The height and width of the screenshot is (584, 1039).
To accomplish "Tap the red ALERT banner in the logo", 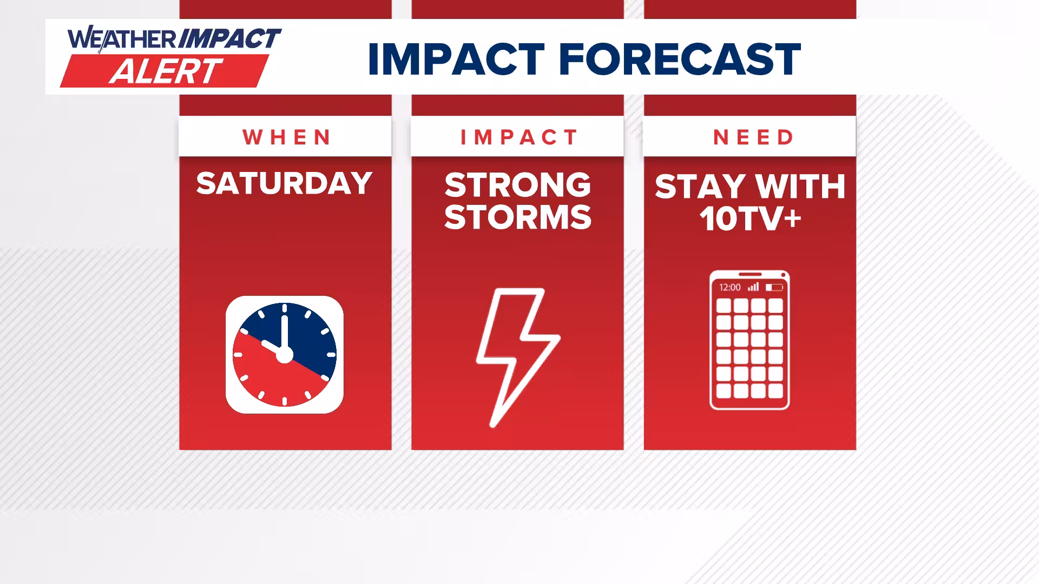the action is [x=165, y=71].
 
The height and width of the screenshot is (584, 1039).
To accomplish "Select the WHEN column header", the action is [x=286, y=137].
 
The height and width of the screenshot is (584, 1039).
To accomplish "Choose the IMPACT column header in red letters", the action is [x=519, y=137].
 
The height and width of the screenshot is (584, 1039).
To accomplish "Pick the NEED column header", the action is [x=753, y=137].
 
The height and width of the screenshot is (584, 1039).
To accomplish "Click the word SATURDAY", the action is [x=284, y=183].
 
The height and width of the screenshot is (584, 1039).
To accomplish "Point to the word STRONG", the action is [x=518, y=185].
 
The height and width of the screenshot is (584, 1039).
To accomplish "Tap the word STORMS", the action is [x=518, y=217].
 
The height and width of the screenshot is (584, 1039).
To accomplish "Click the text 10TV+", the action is [x=750, y=219].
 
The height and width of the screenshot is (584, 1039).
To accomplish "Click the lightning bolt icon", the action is [x=517, y=357].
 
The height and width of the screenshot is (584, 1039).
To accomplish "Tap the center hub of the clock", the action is [x=285, y=355].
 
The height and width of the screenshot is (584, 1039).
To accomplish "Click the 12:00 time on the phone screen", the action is [x=729, y=287].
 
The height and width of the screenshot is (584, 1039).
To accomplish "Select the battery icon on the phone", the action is [x=774, y=287].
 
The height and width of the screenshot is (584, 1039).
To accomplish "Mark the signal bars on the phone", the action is [x=753, y=287].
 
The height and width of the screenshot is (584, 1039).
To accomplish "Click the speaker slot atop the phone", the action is [x=749, y=274].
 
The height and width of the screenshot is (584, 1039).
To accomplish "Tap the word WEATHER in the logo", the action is [x=122, y=39].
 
